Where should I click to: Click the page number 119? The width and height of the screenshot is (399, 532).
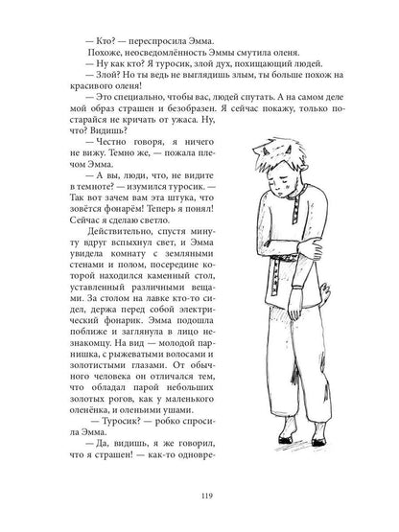pos(199,498)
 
